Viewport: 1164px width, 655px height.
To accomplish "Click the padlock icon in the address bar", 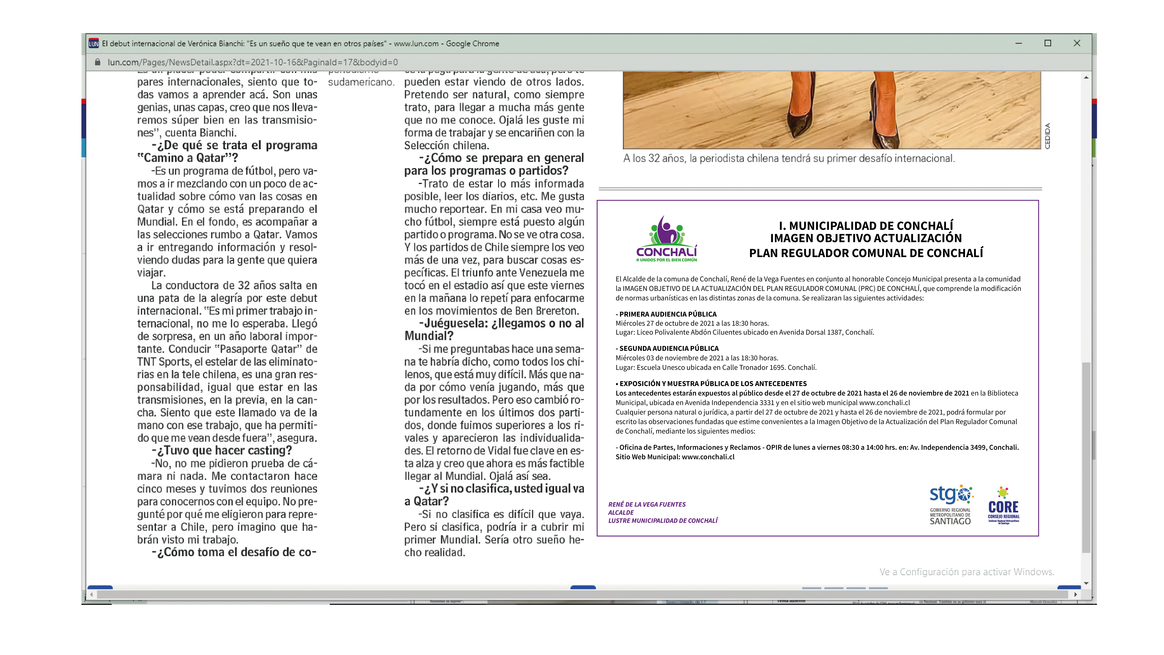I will pos(97,62).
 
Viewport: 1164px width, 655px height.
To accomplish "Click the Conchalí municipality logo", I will pos(666,239).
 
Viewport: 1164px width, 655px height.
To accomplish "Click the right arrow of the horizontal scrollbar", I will pos(1075,594).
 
